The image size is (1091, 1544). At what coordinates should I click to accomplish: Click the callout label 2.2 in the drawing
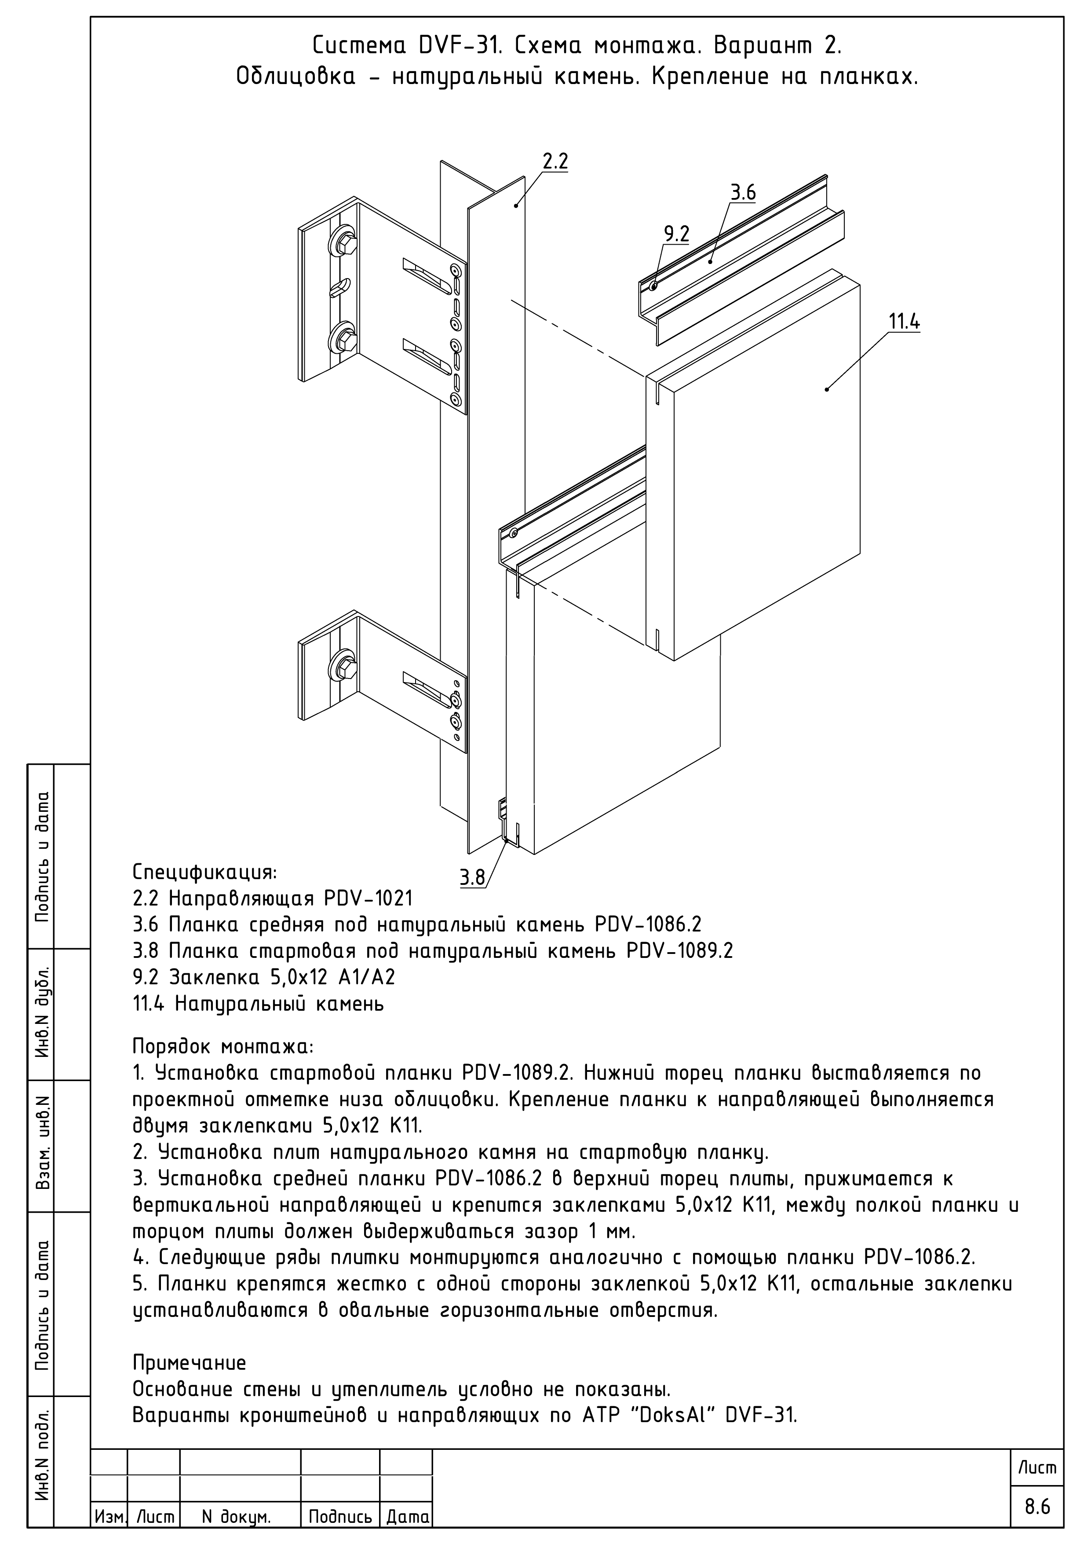click(x=555, y=161)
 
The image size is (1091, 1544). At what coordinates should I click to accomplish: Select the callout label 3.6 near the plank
click(x=743, y=193)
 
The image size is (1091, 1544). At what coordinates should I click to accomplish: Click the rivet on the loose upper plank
click(x=653, y=287)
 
